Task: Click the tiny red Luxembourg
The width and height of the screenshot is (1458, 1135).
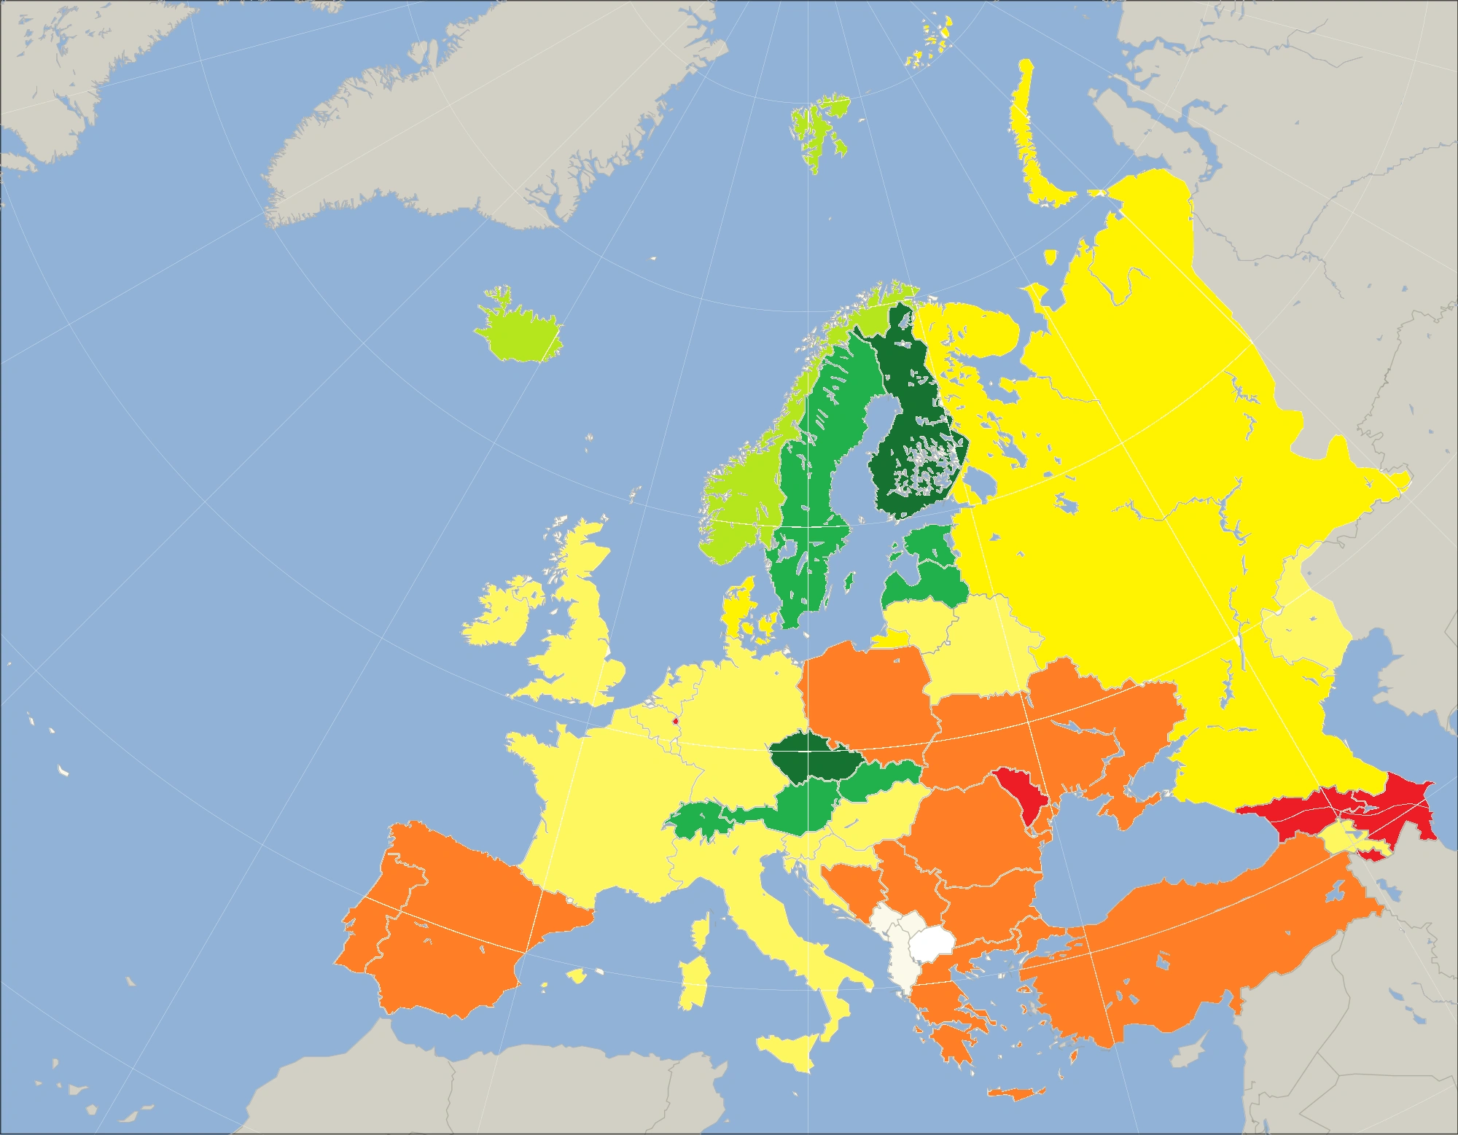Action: point(675,722)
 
